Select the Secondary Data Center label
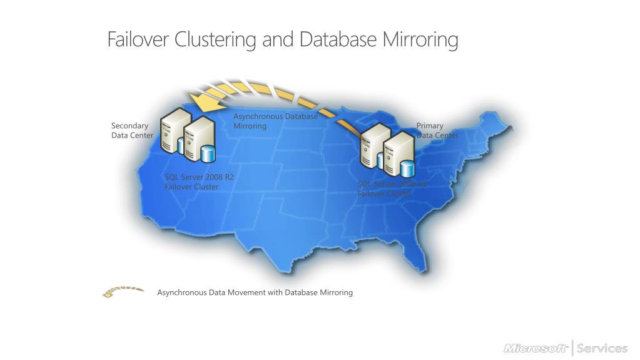(131, 130)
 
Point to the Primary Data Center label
(437, 130)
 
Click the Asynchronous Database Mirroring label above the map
(275, 121)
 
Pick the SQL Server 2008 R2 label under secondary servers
(199, 177)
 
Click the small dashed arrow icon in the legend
(123, 292)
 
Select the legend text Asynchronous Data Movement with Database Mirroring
(255, 292)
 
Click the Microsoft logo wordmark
(536, 348)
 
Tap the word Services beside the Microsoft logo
(602, 348)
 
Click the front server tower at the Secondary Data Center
(200, 138)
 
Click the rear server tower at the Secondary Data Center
(173, 128)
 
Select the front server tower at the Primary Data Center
(399, 153)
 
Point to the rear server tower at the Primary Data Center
(373, 145)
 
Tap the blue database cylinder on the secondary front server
(207, 152)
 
